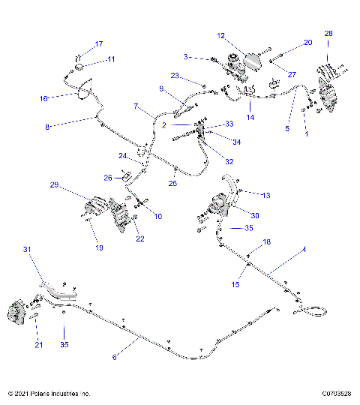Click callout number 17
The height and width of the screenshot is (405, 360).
(99, 44)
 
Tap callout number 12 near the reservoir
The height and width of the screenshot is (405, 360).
(220, 35)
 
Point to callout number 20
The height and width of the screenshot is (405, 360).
(307, 43)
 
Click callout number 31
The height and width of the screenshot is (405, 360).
(28, 249)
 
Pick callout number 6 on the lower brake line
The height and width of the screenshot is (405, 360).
(115, 358)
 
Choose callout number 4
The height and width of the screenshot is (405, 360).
(304, 249)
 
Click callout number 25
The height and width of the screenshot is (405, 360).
(172, 183)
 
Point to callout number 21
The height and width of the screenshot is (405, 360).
(39, 345)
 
